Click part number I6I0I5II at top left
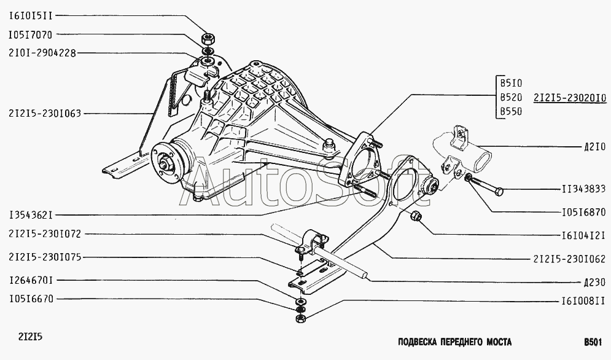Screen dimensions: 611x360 tap(30, 16)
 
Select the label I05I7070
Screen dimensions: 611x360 tap(30, 35)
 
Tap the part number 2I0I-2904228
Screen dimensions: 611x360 tap(42, 53)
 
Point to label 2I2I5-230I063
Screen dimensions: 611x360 tap(44, 114)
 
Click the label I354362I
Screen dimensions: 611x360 tap(30, 215)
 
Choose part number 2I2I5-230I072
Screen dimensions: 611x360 tap(44, 234)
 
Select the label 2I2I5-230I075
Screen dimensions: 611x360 tap(44, 257)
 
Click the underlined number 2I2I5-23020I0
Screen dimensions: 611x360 tap(570, 98)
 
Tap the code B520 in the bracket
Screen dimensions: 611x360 tap(511, 97)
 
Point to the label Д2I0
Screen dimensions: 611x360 tap(594, 147)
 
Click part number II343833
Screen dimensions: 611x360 tap(584, 189)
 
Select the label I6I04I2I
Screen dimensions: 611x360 tap(584, 235)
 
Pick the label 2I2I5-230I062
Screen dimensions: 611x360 tap(570, 259)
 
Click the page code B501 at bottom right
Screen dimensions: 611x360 tap(592, 342)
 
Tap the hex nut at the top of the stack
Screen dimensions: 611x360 tap(207, 39)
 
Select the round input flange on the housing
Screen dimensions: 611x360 tap(166, 163)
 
